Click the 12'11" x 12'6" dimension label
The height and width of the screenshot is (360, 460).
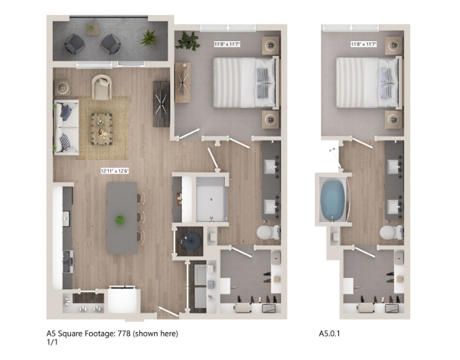115,171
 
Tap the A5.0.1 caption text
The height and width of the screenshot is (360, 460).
329,333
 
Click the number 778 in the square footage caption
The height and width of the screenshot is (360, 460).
124,333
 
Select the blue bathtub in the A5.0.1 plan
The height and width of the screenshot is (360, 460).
333,199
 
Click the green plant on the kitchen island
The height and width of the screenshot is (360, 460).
120,220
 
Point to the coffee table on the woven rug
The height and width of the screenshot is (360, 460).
102,129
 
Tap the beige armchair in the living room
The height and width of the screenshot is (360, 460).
102,87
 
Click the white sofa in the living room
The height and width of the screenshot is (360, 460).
66,127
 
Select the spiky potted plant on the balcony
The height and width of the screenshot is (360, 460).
149,38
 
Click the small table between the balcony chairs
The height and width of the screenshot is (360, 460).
92,29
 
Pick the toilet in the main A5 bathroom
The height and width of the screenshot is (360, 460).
268,232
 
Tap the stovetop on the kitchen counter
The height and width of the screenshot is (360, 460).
68,262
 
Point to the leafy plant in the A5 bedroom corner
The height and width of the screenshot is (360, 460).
187,40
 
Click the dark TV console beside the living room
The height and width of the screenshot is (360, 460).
161,104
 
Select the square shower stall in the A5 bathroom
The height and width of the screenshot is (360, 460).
212,199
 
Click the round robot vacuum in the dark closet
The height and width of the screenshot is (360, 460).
191,241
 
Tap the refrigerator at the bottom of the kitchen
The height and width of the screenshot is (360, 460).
122,300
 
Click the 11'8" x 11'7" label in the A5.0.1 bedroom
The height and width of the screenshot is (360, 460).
364,44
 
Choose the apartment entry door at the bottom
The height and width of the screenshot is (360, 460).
169,312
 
